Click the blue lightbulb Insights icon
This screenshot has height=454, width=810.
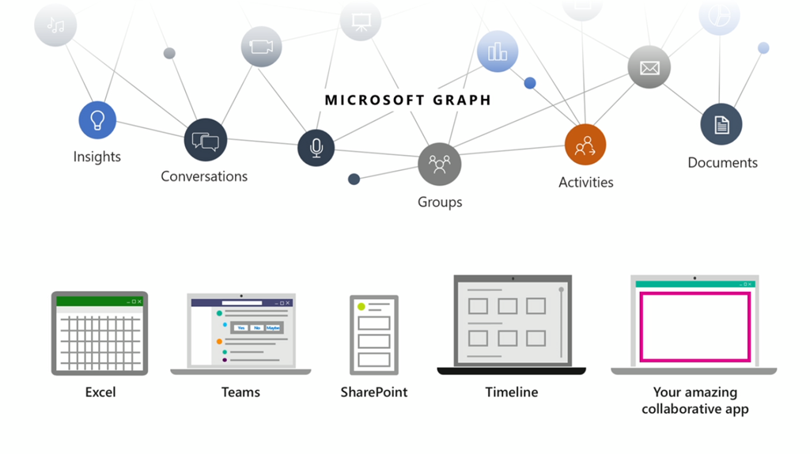(97, 120)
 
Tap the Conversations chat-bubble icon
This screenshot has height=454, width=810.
(205, 141)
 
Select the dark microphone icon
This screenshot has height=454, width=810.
(316, 148)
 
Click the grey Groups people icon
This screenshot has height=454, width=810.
(439, 164)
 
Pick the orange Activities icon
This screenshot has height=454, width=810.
(585, 145)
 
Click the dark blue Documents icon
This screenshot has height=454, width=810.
(721, 125)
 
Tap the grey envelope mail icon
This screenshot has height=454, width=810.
(649, 67)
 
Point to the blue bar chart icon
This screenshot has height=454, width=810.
(498, 52)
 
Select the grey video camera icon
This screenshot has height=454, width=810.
(261, 47)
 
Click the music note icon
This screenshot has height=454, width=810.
(55, 25)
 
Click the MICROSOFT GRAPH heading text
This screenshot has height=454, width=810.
(408, 100)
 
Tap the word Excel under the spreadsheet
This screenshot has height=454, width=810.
(100, 392)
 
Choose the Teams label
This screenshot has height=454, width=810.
(240, 392)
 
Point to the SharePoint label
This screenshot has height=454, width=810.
(374, 392)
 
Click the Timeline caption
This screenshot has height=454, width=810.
(512, 392)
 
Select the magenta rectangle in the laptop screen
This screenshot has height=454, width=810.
(695, 327)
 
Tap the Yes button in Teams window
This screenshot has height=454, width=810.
(240, 327)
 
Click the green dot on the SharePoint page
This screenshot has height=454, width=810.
(361, 306)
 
